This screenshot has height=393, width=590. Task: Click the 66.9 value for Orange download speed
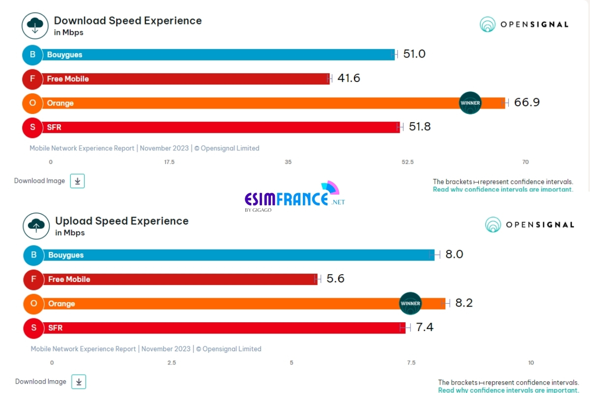click(527, 102)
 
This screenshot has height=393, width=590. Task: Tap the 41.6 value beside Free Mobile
click(349, 78)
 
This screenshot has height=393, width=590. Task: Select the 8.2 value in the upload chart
click(464, 303)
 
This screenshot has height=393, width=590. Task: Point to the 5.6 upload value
click(335, 279)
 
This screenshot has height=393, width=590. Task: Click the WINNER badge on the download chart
click(470, 103)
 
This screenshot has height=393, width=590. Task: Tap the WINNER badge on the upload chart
click(411, 303)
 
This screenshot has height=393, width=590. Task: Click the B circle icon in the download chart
click(32, 55)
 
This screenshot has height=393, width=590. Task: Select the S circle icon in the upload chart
click(34, 328)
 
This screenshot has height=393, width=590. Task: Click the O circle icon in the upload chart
click(34, 304)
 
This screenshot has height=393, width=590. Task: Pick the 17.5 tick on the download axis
click(169, 162)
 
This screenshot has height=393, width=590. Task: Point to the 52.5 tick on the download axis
click(408, 162)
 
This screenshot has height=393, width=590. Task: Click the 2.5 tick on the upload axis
click(172, 363)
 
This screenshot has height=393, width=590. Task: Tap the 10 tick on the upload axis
click(531, 363)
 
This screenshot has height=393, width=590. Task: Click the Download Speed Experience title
click(128, 21)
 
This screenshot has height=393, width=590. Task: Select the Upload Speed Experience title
click(122, 221)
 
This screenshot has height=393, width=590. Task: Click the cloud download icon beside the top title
click(35, 26)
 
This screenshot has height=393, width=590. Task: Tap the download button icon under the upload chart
click(79, 382)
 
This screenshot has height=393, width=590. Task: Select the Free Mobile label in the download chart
click(68, 79)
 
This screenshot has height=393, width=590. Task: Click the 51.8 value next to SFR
click(419, 127)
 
